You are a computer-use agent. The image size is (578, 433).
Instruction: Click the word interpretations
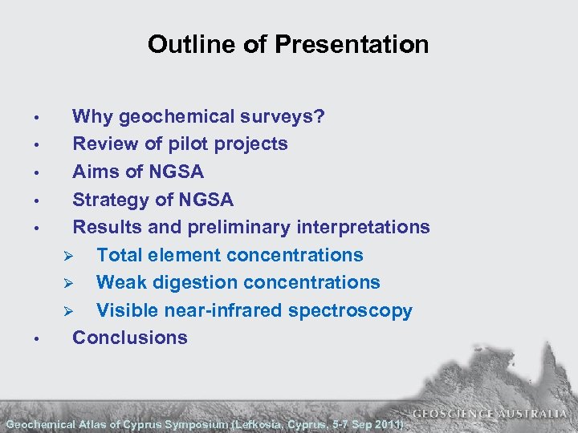pyautogui.click(x=363, y=227)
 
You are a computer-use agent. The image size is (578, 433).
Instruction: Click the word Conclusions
pyautogui.click(x=130, y=338)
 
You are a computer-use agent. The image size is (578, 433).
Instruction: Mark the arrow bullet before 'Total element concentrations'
pyautogui.click(x=69, y=256)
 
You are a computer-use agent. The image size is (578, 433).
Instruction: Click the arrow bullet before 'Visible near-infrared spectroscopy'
pyautogui.click(x=69, y=311)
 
